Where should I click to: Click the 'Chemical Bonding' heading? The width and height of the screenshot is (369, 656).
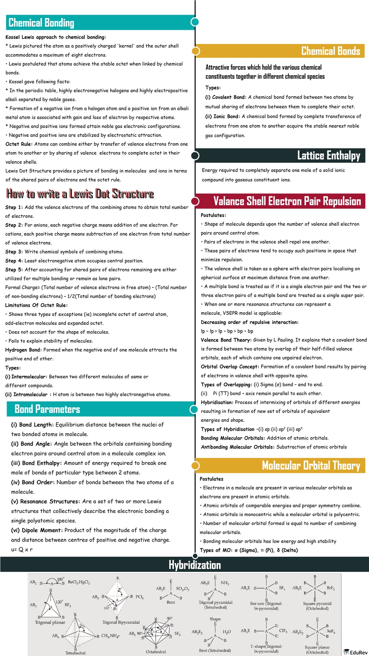(x=41, y=23)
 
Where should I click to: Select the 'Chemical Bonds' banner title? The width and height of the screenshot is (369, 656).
(x=330, y=51)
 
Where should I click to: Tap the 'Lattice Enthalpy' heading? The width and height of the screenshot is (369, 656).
(x=328, y=155)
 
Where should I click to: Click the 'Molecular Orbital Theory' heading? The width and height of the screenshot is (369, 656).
(x=311, y=466)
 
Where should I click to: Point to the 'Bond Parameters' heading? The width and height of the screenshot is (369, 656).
(x=47, y=409)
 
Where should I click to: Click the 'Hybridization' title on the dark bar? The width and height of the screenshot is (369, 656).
(x=195, y=565)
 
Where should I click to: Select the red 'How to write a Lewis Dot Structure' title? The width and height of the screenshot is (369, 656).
(x=80, y=194)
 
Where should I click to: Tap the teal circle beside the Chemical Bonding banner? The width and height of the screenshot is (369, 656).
(x=195, y=22)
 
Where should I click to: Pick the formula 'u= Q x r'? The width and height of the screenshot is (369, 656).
(x=22, y=550)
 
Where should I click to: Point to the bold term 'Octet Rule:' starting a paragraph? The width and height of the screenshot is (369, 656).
(x=19, y=144)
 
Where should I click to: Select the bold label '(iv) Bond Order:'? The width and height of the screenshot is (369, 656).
(x=33, y=482)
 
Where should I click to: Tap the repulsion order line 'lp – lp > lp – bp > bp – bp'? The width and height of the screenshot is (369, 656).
(x=227, y=331)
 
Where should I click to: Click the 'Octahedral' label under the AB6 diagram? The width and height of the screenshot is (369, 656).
(x=156, y=651)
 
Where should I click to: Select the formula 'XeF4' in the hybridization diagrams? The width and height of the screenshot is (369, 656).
(x=331, y=631)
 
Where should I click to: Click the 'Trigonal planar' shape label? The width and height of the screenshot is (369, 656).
(x=50, y=622)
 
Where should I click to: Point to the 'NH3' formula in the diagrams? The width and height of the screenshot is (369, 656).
(x=225, y=583)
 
